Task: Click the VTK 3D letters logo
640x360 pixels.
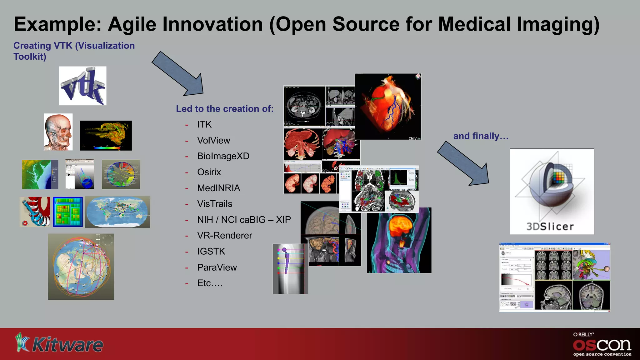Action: tap(82, 86)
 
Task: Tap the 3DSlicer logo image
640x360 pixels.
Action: tap(552, 191)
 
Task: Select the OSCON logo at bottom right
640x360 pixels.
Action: tap(602, 345)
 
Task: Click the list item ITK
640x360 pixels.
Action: tap(204, 124)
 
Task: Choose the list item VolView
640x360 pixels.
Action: tap(213, 140)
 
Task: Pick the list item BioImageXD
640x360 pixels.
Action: tap(223, 156)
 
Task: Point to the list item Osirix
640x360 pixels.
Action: tap(209, 172)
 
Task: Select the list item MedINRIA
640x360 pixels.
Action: tap(218, 188)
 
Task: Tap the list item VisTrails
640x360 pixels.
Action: tap(215, 204)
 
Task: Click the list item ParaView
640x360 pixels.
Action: tap(217, 267)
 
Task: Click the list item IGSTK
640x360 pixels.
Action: tap(211, 251)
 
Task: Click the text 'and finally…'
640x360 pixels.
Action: tap(481, 136)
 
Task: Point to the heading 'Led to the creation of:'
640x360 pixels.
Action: tap(224, 109)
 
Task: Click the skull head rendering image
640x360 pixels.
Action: tap(58, 132)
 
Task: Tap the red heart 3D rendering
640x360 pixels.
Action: tap(388, 106)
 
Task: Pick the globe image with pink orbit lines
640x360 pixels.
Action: tap(81, 267)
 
